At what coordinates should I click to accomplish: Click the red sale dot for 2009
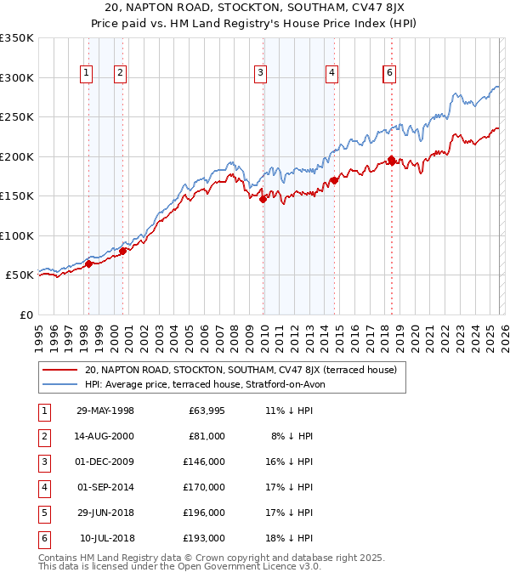[263, 199]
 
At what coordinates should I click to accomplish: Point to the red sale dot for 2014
[334, 180]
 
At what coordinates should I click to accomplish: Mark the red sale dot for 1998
[88, 263]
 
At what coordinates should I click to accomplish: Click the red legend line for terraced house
[60, 370]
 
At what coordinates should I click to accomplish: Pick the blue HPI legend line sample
[60, 384]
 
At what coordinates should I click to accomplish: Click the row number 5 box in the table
[43, 513]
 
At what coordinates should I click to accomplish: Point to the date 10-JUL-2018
[107, 538]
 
